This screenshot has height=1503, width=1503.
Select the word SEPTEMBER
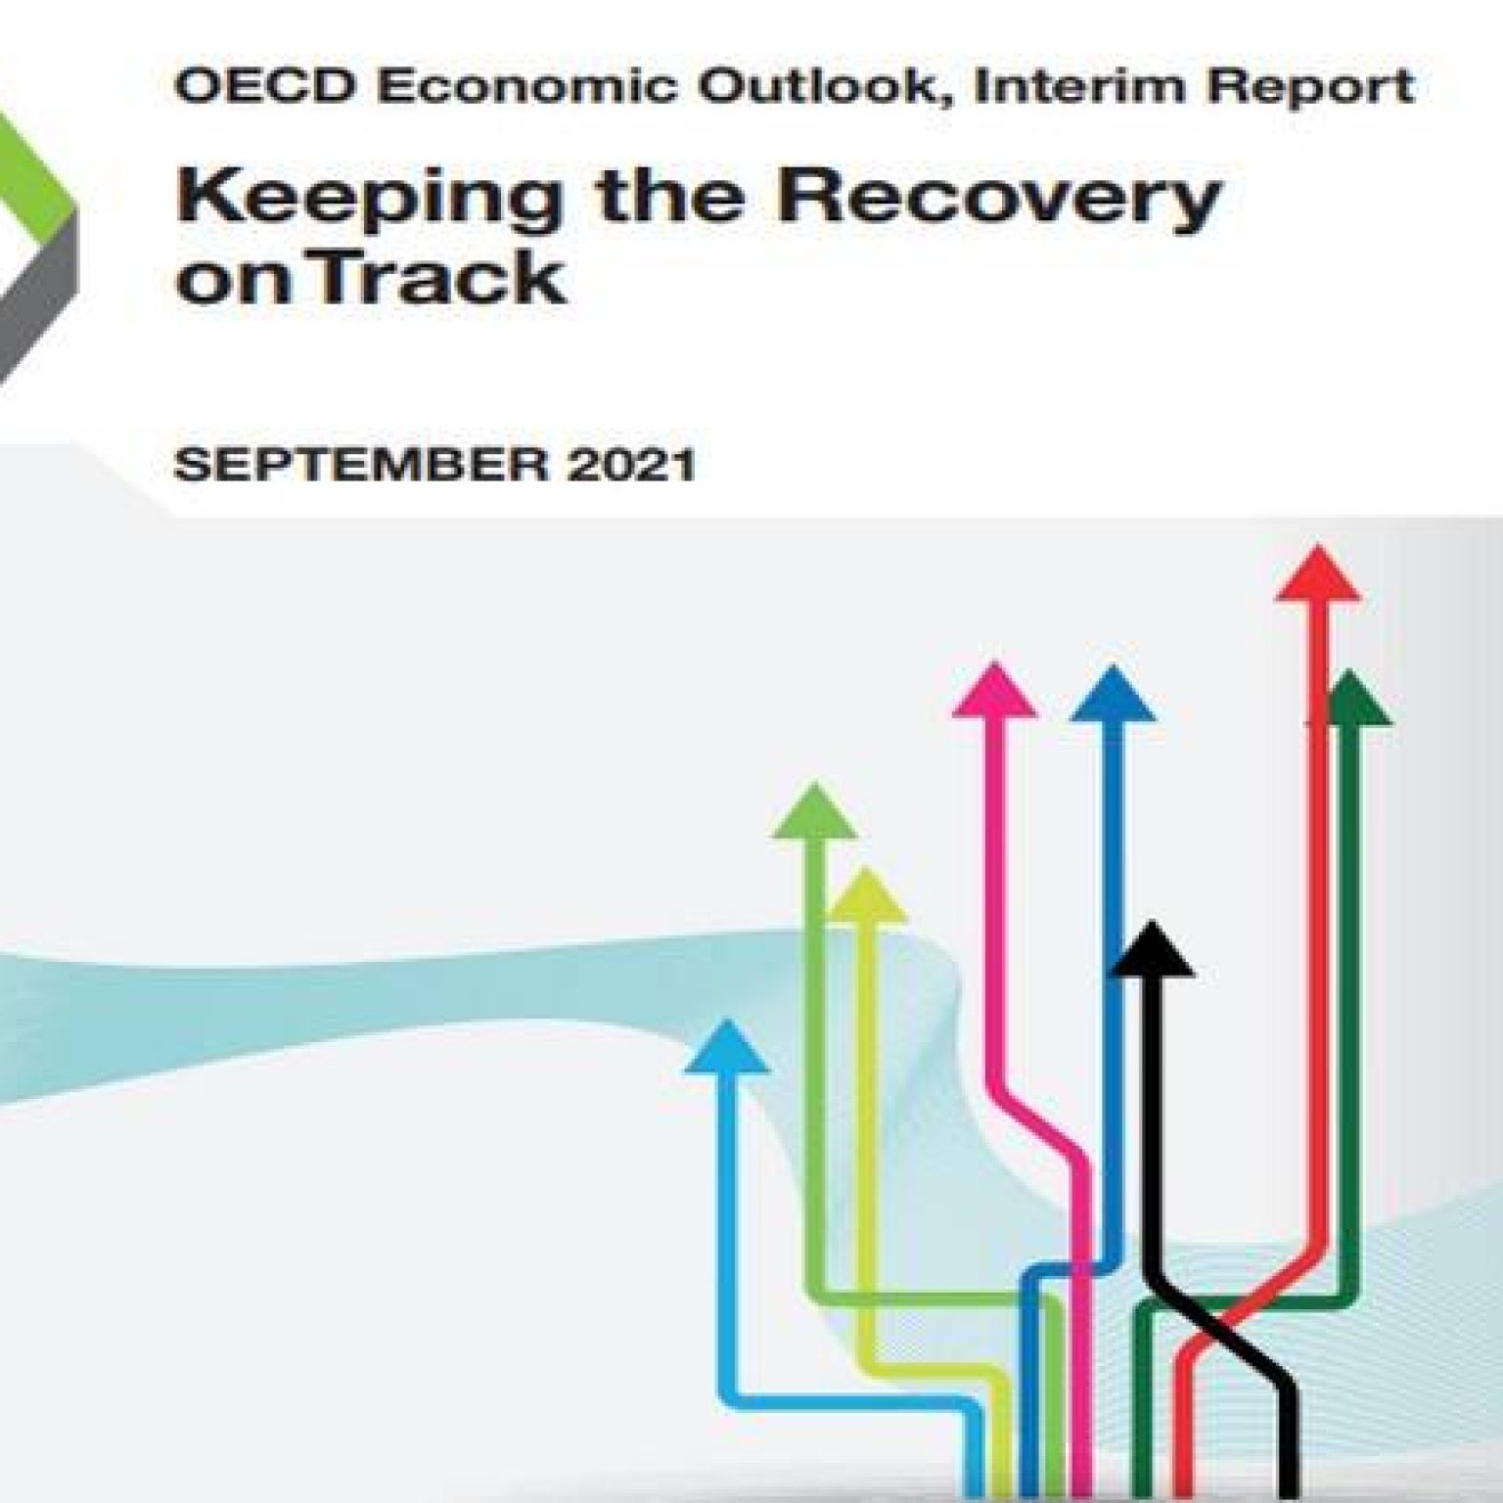point(358,464)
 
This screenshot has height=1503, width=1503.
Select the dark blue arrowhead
point(1112,693)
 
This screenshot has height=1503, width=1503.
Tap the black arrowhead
point(1153,948)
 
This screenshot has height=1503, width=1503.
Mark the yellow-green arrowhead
point(864,893)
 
